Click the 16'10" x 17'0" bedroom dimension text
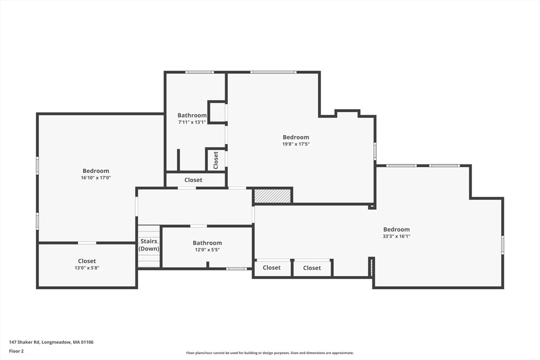95,178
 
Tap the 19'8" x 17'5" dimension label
296,144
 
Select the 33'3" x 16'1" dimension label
396,237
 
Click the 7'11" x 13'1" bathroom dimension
192,122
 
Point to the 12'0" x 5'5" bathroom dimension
207,250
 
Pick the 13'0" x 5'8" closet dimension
87,268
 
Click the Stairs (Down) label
149,245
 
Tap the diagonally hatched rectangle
273,196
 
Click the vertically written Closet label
216,160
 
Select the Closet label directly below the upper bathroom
193,180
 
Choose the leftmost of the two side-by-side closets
272,268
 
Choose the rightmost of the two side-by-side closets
312,268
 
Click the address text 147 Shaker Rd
51,342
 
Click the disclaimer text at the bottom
269,353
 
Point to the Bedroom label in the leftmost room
95,171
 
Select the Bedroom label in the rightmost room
396,229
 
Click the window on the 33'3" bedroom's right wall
503,245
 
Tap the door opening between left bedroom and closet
87,242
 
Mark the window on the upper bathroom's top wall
199,72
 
